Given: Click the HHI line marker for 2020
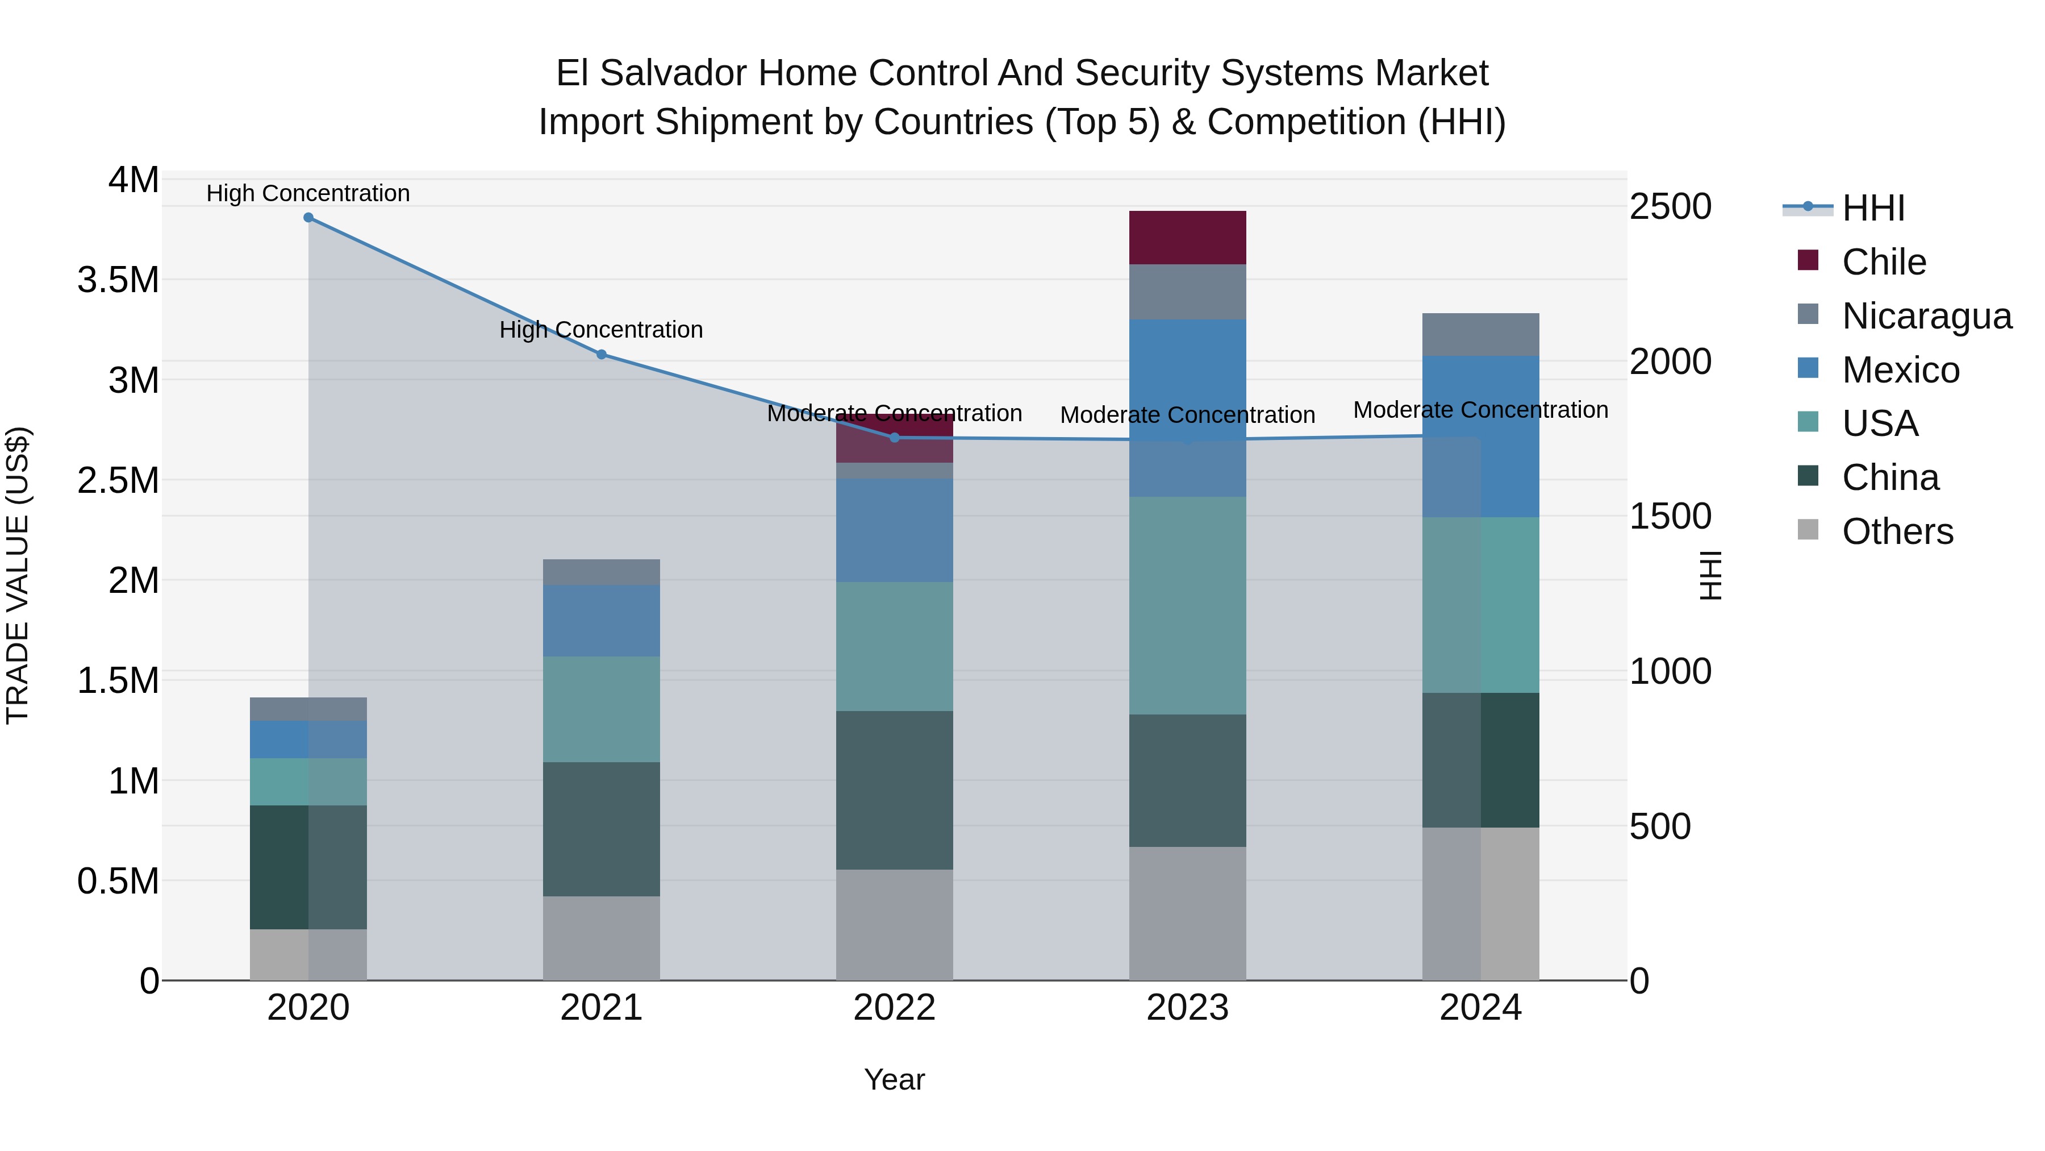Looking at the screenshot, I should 308,218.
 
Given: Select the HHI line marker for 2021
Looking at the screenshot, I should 601,354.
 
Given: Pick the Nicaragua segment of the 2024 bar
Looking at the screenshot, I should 1480,334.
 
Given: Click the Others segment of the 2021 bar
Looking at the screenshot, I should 601,937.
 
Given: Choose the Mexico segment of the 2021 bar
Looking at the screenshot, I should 601,620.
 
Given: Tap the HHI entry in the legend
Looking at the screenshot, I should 1873,208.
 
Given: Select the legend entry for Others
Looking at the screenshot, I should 1897,531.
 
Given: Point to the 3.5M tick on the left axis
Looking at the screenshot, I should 118,280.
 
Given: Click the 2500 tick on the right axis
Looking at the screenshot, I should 1670,206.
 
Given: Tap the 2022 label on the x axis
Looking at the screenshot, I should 894,1008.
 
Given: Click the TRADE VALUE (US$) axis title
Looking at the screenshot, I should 18,575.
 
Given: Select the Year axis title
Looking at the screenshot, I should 894,1079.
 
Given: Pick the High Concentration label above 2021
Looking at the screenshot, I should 601,330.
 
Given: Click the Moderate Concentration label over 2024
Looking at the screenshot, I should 1480,410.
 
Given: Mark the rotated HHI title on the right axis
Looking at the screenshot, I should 1710,575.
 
